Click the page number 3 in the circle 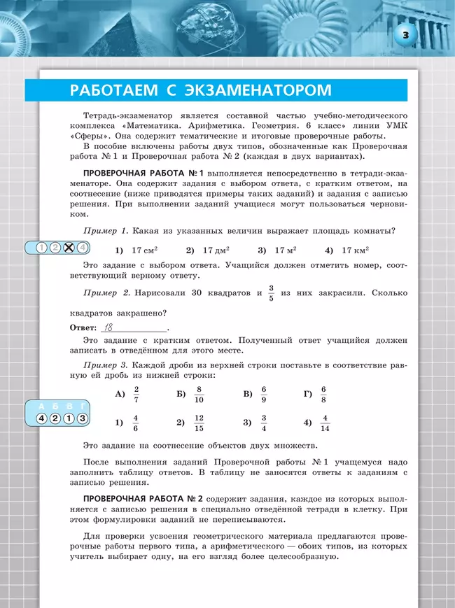coord(406,34)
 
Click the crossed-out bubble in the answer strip coord(69,247)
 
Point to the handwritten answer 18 coord(108,327)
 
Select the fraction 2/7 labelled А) coord(136,395)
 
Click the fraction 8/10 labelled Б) coord(199,395)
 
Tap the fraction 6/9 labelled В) coord(264,395)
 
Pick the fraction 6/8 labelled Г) coord(323,395)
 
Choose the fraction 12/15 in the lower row coord(199,423)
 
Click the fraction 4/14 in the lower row coord(325,423)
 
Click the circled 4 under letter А coord(42,418)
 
